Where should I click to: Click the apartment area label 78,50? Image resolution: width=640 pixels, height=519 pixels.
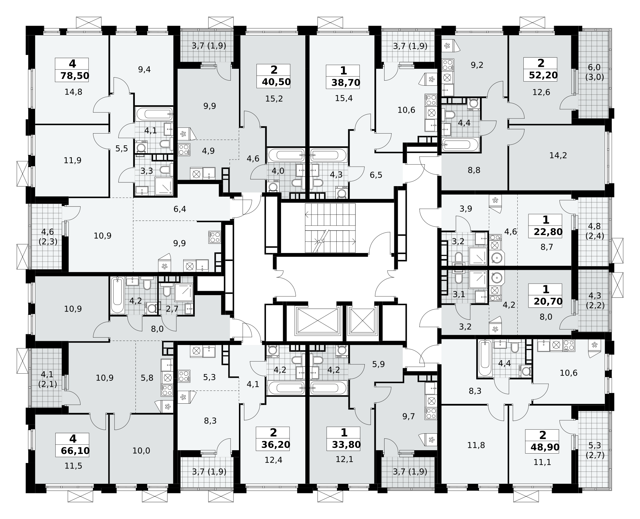[x=75, y=76]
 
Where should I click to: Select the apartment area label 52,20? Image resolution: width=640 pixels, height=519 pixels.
[x=543, y=75]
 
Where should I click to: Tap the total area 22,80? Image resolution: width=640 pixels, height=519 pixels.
[x=548, y=232]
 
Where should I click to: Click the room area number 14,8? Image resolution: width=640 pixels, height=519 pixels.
[x=73, y=92]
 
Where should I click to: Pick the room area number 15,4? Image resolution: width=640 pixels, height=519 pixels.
[x=344, y=98]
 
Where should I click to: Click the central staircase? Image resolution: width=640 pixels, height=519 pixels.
[x=330, y=228]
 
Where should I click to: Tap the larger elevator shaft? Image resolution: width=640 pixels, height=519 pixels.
[x=317, y=321]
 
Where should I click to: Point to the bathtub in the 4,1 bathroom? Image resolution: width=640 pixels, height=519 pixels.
[x=154, y=114]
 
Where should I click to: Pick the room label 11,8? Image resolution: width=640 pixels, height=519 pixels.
[x=476, y=445]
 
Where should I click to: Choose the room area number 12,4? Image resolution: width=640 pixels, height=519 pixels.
[x=273, y=459]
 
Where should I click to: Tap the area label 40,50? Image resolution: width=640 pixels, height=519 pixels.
[x=276, y=82]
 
